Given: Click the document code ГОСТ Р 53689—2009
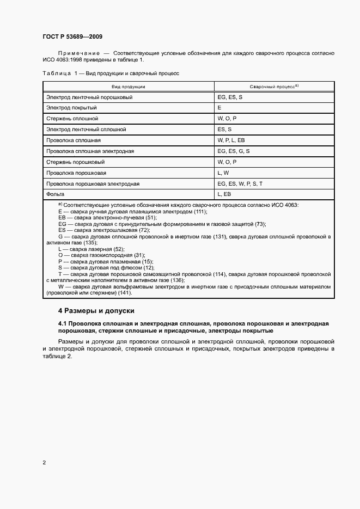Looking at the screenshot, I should (72, 36).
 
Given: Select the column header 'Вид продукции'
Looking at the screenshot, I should (129, 87).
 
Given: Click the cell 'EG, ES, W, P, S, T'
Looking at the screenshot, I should (240, 183).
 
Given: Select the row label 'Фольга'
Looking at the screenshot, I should (56, 194).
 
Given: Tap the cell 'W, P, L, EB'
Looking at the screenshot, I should (231, 140).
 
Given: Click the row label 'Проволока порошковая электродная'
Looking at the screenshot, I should (93, 183).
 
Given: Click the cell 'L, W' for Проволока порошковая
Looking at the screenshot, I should (223, 173).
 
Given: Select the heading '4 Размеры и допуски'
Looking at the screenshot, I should (96, 311).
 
